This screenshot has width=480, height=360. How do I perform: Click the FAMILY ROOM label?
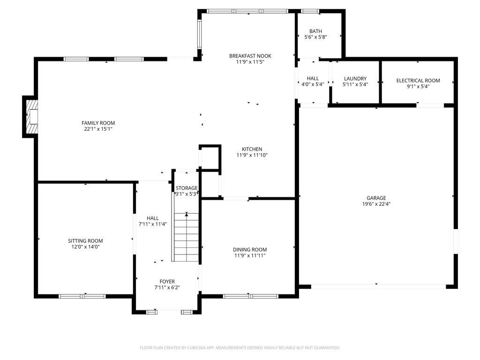click(x=98, y=123)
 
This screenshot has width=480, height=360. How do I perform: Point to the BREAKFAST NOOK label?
click(x=250, y=56)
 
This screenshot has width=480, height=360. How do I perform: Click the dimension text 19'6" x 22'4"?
click(x=376, y=204)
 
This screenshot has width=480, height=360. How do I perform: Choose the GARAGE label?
click(x=376, y=198)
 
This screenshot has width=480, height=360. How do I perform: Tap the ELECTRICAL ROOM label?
click(x=418, y=81)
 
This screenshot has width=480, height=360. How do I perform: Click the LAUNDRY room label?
click(x=355, y=79)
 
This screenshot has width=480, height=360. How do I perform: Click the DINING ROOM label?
click(x=250, y=249)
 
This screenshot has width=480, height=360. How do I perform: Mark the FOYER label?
click(x=167, y=281)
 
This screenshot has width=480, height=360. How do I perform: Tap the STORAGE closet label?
click(x=187, y=188)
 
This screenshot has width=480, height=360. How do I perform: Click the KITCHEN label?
click(x=252, y=149)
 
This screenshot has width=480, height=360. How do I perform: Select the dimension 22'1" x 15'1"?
click(x=98, y=129)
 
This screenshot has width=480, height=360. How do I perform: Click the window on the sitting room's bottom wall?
click(x=82, y=296)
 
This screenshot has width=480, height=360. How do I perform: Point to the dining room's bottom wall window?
click(x=250, y=296)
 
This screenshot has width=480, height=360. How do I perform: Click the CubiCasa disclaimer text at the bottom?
click(x=240, y=348)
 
